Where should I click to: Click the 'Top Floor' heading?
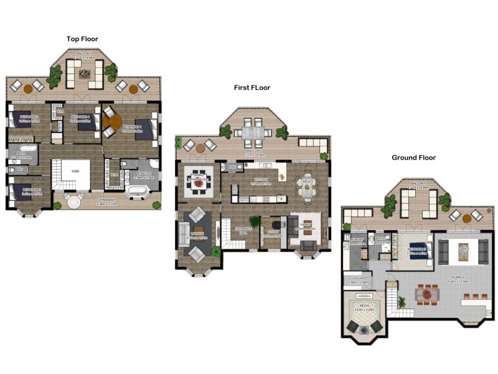tap(82, 39)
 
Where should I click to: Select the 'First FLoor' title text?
tap(251, 88)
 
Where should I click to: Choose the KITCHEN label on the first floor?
tap(260, 179)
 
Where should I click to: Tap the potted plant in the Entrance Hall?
tap(253, 221)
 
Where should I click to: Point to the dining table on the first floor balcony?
tap(253, 133)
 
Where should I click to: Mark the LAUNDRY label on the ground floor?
tap(356, 240)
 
